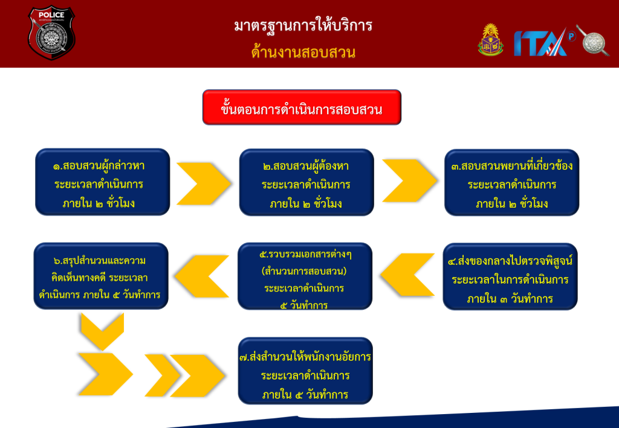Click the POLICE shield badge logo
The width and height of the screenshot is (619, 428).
tap(51, 33)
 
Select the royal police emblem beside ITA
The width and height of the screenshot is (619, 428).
tap(490, 40)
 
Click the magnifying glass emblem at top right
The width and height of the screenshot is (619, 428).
tap(592, 40)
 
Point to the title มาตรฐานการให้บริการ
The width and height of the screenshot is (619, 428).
tap(303, 26)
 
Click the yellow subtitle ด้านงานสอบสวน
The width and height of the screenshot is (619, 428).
tap(303, 53)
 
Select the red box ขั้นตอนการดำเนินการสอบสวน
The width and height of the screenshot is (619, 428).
tap(302, 107)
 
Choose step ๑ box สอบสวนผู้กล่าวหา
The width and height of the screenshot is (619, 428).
tap(102, 182)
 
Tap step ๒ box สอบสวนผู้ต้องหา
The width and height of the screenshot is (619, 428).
tap(306, 182)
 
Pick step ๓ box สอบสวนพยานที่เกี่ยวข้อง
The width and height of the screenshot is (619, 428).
tap(511, 182)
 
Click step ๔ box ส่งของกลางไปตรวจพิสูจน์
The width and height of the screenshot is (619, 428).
tap(510, 276)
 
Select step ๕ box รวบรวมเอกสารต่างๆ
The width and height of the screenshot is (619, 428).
tap(305, 276)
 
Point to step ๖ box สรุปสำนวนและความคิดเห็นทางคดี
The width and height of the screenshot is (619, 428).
tap(101, 276)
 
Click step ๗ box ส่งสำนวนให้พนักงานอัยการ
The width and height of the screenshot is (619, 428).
tap(305, 371)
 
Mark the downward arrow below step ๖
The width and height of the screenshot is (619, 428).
tap(101, 331)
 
